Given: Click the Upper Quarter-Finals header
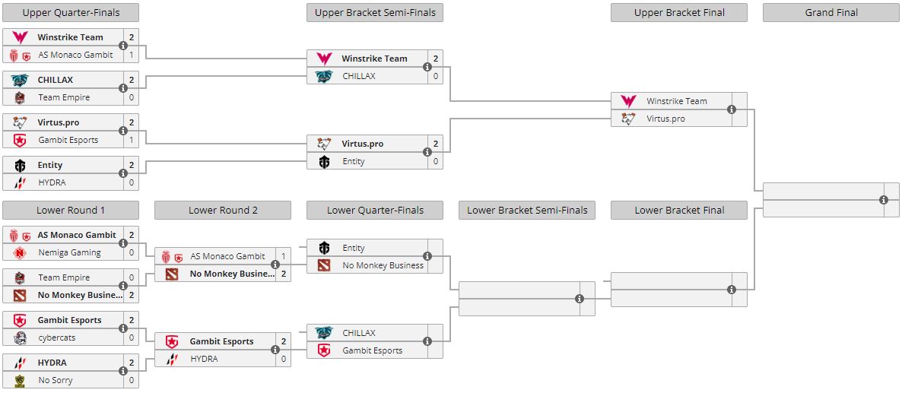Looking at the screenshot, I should (x=70, y=13).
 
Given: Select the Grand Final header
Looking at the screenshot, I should (x=831, y=13).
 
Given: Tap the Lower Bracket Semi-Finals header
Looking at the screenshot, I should (x=527, y=211).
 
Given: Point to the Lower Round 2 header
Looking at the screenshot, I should (x=223, y=211).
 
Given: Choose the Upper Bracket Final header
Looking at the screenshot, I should (x=679, y=13).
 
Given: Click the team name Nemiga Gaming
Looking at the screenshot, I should (x=69, y=252).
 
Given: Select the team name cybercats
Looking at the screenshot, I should (x=56, y=338).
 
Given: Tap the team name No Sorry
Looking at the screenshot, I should (x=56, y=380).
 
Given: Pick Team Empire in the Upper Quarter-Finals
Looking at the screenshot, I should (x=64, y=97).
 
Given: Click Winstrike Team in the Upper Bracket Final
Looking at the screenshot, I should (x=677, y=101).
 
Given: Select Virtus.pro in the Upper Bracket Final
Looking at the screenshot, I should (x=665, y=119).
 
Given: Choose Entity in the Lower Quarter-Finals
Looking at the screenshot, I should (x=354, y=248).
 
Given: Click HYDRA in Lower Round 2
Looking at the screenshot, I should (x=204, y=359).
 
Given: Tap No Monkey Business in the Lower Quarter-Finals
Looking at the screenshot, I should (x=383, y=265).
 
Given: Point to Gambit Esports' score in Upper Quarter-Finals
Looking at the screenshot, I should (x=132, y=140).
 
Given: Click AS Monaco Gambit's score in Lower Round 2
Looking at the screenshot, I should (x=284, y=256).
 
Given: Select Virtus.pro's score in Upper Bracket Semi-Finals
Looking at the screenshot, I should (x=436, y=144).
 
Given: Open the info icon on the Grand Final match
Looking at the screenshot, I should (x=884, y=200).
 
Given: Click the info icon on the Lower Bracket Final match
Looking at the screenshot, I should (x=732, y=290).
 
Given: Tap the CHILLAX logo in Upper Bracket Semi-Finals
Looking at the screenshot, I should (x=324, y=76).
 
